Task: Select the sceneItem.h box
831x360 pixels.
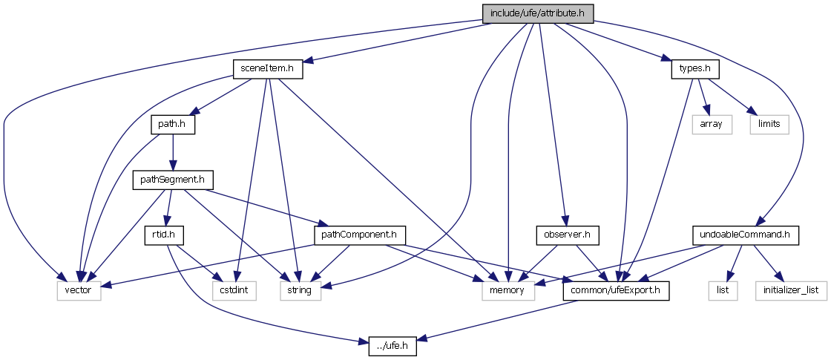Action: [268, 69]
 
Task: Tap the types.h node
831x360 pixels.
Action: [695, 69]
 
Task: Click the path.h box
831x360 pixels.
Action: [172, 124]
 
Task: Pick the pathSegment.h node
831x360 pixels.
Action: [172, 180]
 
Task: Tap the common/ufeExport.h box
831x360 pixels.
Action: [616, 290]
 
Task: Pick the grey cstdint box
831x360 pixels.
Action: [232, 290]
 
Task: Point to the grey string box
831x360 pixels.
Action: [300, 290]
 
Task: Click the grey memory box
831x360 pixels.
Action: [508, 290]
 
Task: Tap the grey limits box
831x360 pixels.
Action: [769, 124]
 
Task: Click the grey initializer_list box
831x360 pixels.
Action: [792, 290]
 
